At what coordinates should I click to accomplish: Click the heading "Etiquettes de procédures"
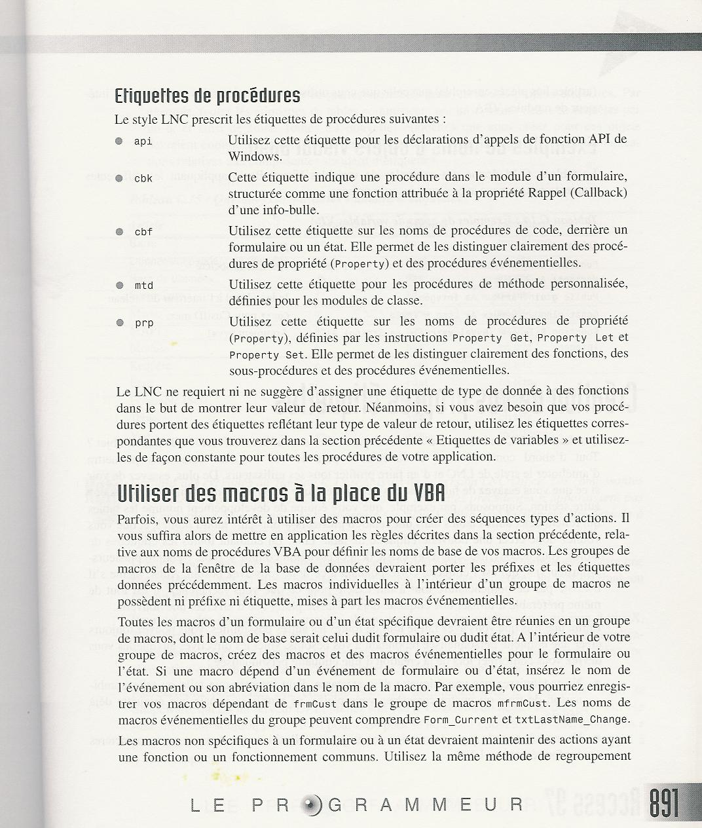click(207, 96)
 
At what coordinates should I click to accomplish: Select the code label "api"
click(143, 141)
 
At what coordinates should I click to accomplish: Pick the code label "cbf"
click(143, 232)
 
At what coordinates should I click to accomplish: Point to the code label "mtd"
click(143, 286)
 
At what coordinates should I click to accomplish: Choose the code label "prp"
click(143, 323)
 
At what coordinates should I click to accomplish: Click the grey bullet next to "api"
click(119, 141)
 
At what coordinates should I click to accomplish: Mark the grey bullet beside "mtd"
click(119, 285)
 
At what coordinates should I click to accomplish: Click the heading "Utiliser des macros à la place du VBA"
click(281, 493)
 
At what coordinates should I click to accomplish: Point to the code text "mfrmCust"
click(519, 704)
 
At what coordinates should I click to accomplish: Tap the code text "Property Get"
click(486, 338)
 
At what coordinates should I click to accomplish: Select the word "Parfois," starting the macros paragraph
click(138, 519)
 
